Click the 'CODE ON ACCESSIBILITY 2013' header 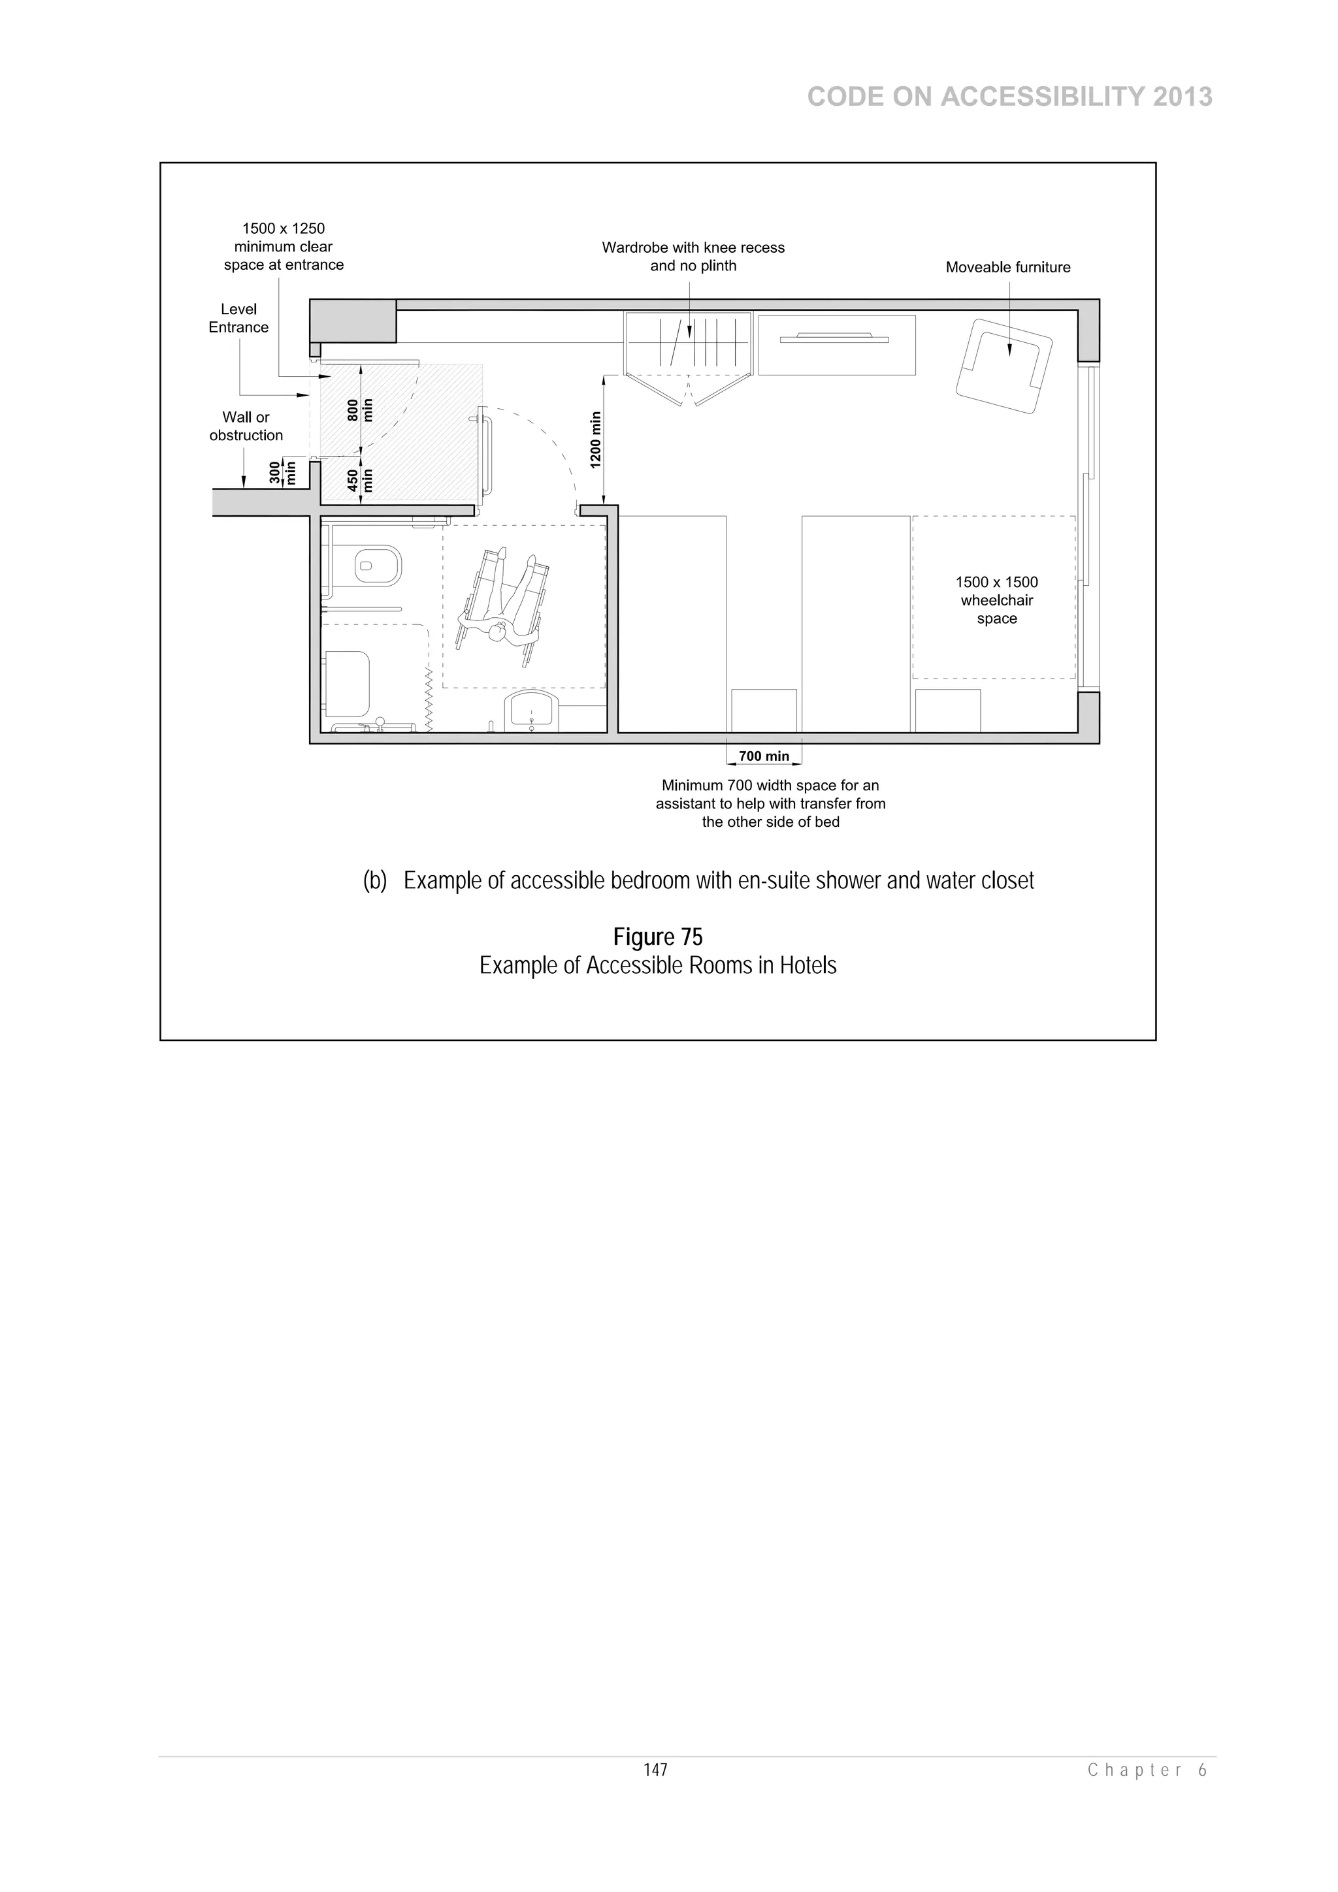click(1009, 97)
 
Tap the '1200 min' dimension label click(596, 440)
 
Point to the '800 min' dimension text click(360, 409)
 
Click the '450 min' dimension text click(360, 481)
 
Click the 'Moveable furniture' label click(1007, 267)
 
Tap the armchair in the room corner click(1002, 365)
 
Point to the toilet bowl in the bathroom click(378, 566)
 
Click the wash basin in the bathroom click(532, 711)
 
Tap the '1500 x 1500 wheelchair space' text click(996, 600)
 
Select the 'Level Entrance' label click(238, 318)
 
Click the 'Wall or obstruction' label click(246, 426)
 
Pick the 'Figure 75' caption click(657, 937)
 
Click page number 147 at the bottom click(655, 1770)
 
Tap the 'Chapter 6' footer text click(1147, 1770)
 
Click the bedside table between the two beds click(763, 711)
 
